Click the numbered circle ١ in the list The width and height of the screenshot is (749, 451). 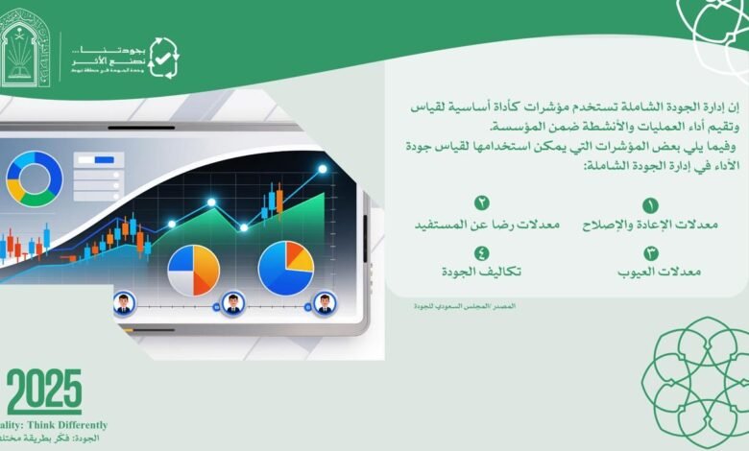click(650, 205)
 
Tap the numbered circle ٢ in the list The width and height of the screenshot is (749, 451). click(482, 203)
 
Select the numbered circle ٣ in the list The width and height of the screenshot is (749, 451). click(650, 253)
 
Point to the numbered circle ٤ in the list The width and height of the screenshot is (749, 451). click(482, 252)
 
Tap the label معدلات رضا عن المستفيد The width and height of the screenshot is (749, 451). click(473, 225)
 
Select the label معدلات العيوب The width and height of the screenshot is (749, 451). click(659, 273)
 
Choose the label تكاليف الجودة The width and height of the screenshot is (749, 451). click(482, 272)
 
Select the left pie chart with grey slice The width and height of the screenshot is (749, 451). click(193, 270)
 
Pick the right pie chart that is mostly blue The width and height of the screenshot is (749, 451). click(285, 267)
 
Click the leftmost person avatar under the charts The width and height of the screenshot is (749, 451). click(123, 304)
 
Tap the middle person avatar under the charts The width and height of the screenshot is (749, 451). click(231, 304)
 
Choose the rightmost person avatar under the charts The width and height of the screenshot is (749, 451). click(325, 304)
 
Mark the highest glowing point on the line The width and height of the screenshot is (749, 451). click(323, 169)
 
